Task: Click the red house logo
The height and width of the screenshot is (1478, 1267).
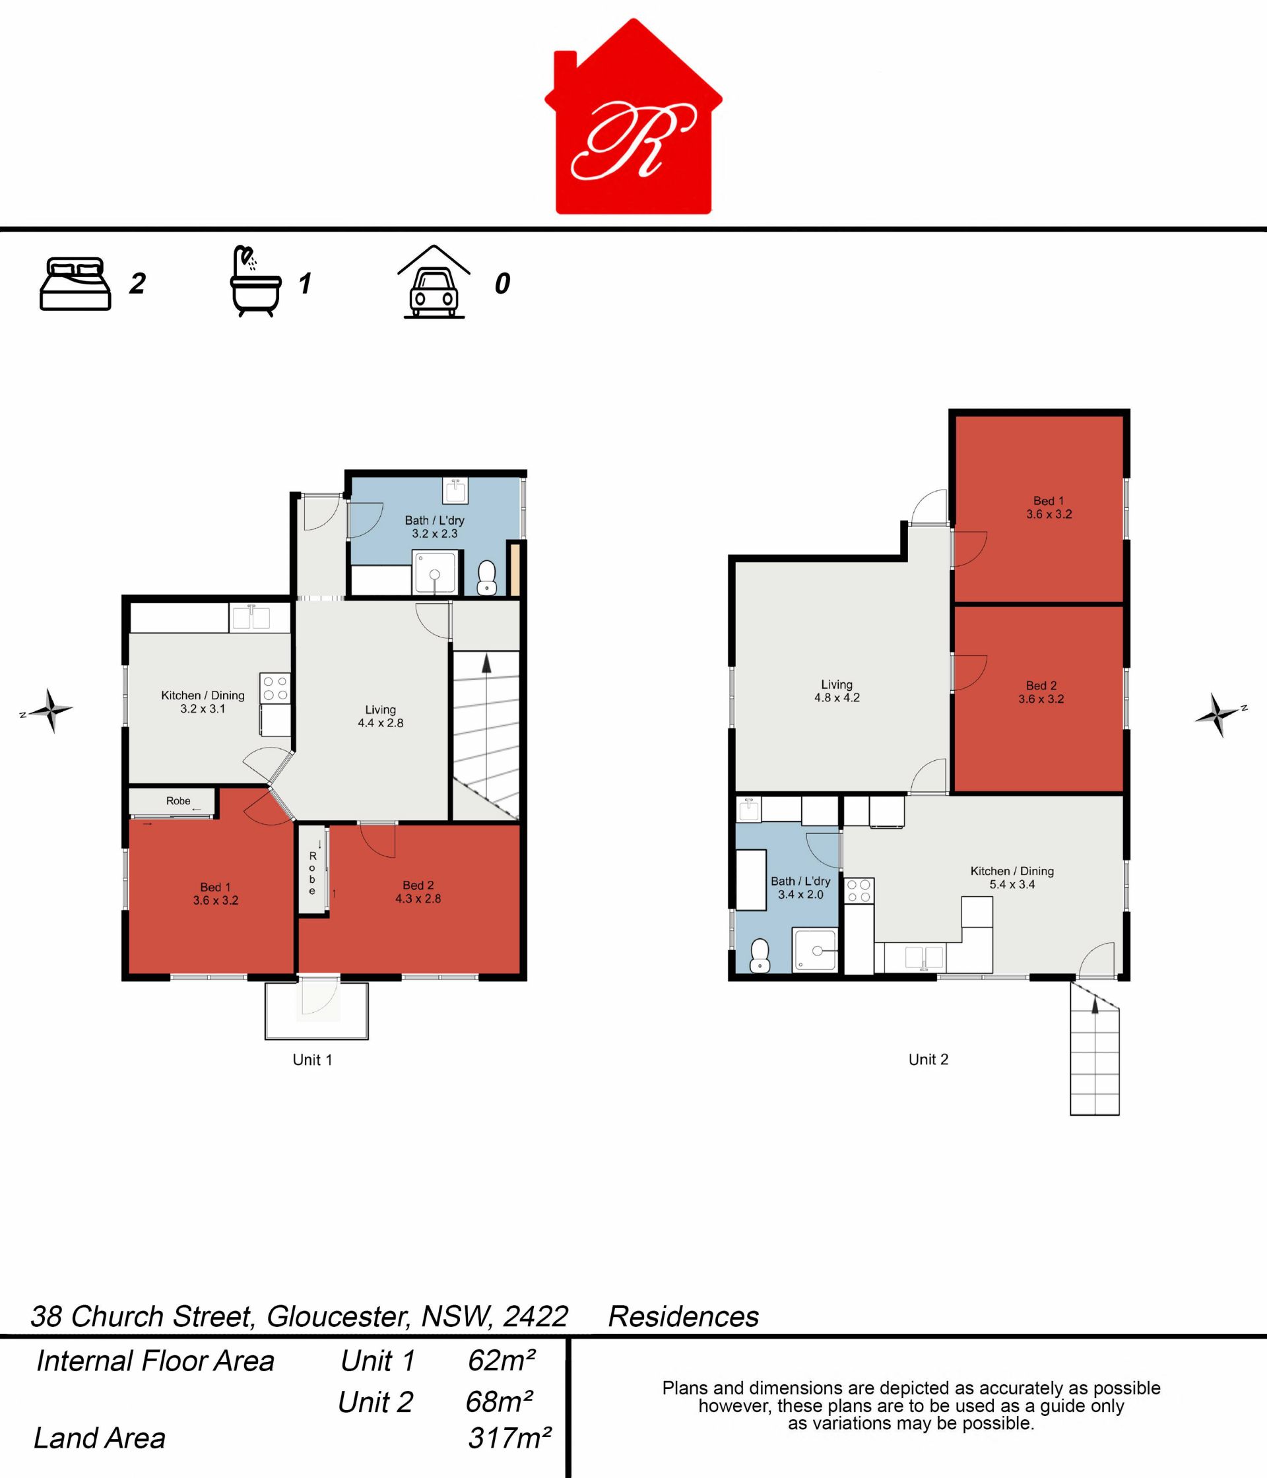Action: (x=633, y=117)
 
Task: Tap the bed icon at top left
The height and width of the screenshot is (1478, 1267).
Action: (x=75, y=284)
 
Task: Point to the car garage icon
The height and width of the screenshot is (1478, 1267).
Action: (x=434, y=282)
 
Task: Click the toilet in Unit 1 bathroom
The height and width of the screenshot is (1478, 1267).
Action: (x=486, y=577)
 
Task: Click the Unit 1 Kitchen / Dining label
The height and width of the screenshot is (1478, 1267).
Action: (x=203, y=702)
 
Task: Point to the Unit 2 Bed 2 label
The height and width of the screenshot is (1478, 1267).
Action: (x=1041, y=693)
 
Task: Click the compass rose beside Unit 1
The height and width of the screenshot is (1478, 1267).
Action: (x=49, y=711)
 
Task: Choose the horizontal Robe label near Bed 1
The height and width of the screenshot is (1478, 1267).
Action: (x=178, y=801)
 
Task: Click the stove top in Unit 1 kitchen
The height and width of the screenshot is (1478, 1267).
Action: (x=275, y=688)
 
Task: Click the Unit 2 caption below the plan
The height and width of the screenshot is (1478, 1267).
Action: (x=928, y=1059)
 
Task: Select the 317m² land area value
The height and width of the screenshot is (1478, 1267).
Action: (x=509, y=1437)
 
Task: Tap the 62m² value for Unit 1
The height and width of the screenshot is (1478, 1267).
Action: (x=501, y=1361)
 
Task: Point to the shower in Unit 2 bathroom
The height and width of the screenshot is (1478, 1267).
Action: (x=815, y=950)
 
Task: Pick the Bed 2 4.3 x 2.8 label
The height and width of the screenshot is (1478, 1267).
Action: (x=418, y=892)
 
